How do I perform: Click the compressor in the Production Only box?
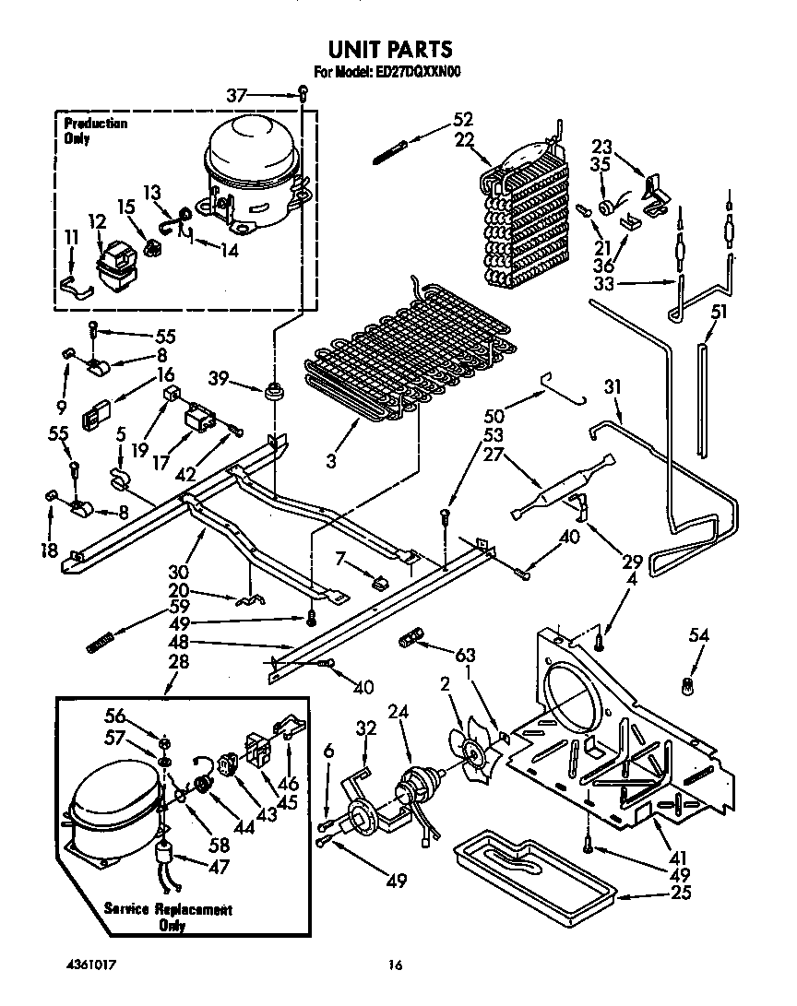249,171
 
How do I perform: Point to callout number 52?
462,119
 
